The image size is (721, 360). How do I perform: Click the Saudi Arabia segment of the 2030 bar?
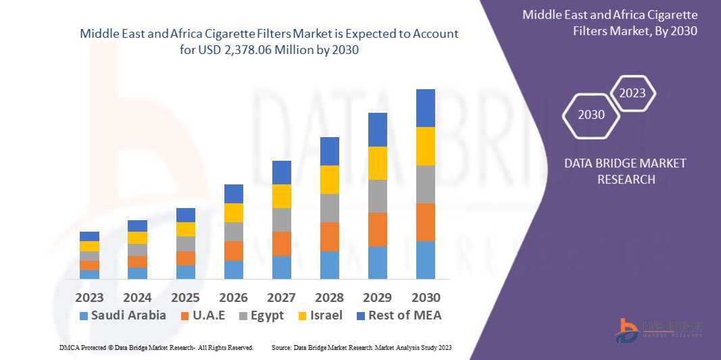pos(426,260)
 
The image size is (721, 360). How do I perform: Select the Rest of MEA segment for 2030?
pos(426,108)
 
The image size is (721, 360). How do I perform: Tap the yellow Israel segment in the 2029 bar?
pos(378,163)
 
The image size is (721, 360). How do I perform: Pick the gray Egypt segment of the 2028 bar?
pos(330,208)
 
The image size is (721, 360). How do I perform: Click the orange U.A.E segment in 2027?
pos(282,244)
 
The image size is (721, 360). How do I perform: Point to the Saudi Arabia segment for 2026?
pos(234,269)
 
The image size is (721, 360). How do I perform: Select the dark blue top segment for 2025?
pos(186,215)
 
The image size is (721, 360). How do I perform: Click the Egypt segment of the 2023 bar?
pos(89,256)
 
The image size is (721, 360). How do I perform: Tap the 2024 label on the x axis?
pos(137,298)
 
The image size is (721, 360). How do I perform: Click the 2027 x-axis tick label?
pos(282,298)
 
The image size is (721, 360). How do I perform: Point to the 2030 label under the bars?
pos(426,298)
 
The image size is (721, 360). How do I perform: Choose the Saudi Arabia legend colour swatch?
pos(84,316)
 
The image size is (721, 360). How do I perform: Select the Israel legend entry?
pos(320,315)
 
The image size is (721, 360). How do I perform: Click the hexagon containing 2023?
pos(632,94)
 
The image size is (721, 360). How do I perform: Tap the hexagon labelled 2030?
pos(591,115)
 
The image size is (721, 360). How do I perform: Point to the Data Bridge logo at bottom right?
pos(659,330)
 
